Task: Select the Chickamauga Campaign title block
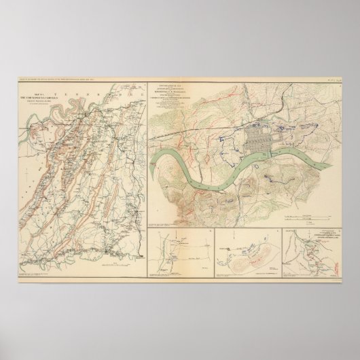(x=42, y=122)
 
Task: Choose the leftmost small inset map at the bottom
(x=180, y=249)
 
